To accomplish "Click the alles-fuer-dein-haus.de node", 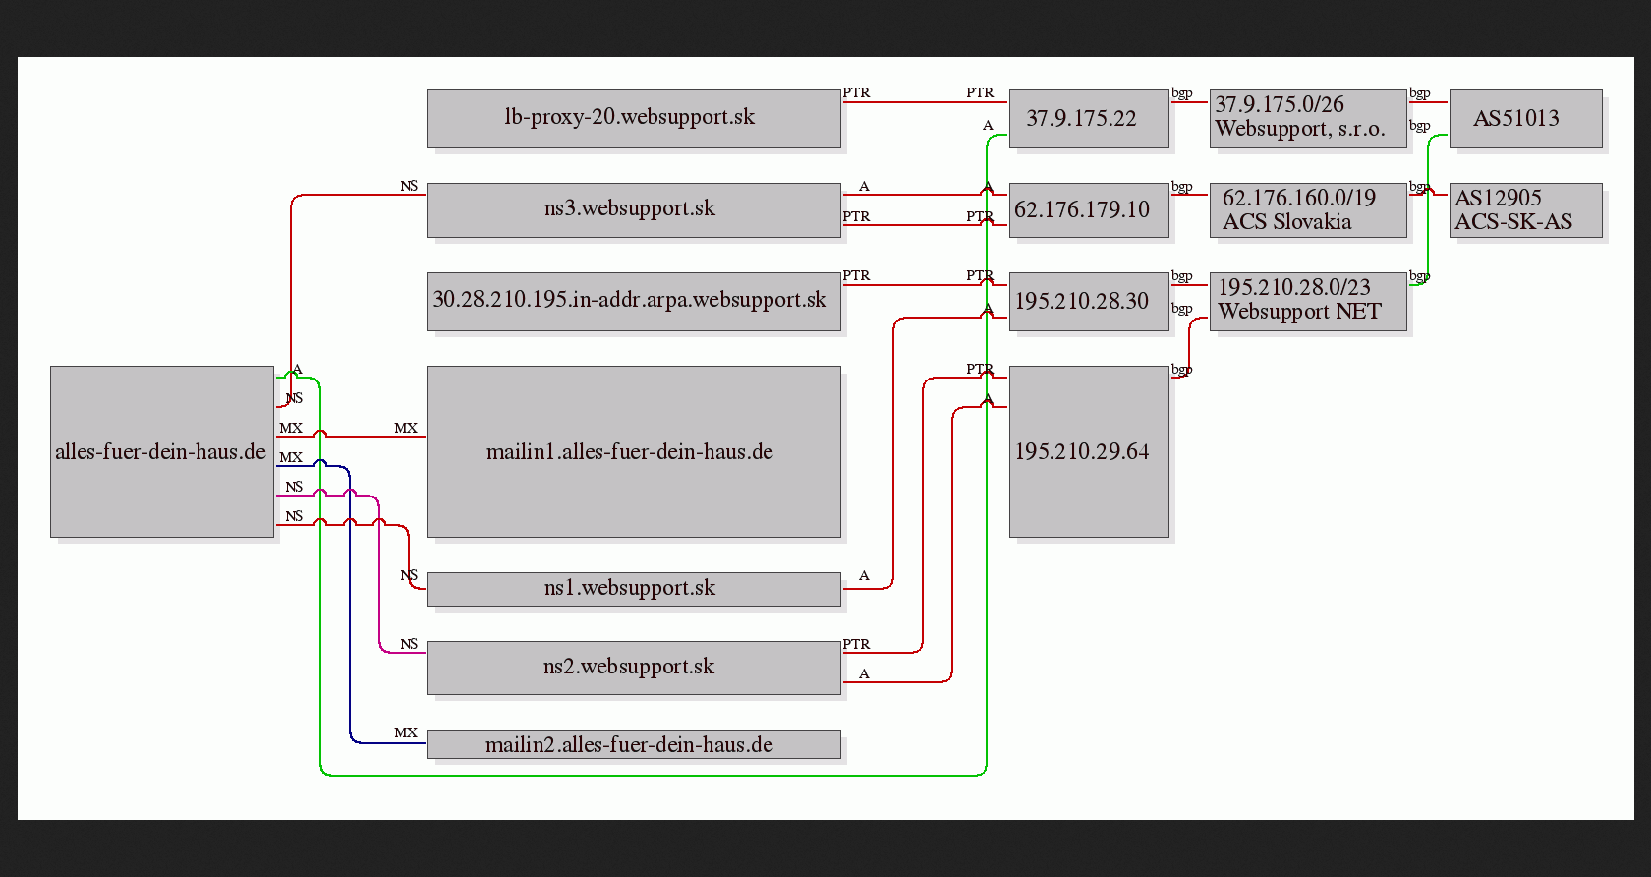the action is (162, 451).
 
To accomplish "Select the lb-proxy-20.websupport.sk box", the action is (634, 119).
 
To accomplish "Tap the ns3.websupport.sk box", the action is (634, 210).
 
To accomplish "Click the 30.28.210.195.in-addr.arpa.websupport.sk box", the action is (634, 302).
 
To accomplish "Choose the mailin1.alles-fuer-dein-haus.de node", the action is (634, 451).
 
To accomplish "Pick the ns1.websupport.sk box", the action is (634, 589).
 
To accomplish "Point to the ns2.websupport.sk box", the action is (634, 668).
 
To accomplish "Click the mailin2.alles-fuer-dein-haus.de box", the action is (634, 744).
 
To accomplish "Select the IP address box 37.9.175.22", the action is (1089, 119).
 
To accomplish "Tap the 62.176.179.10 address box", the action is (1089, 210).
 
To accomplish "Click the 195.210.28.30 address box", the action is (1089, 302).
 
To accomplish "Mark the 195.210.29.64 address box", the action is (1089, 451).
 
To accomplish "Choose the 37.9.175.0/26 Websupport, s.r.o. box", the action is (1308, 119).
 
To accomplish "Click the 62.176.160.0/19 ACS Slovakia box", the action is (1308, 210).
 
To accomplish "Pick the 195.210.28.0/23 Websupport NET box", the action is (1308, 302).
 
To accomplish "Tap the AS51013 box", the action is (1525, 119).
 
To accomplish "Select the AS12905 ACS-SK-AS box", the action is (1525, 210).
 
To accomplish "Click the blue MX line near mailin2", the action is (350, 605).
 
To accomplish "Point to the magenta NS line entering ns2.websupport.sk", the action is (379, 574).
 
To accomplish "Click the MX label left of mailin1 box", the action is (405, 428).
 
